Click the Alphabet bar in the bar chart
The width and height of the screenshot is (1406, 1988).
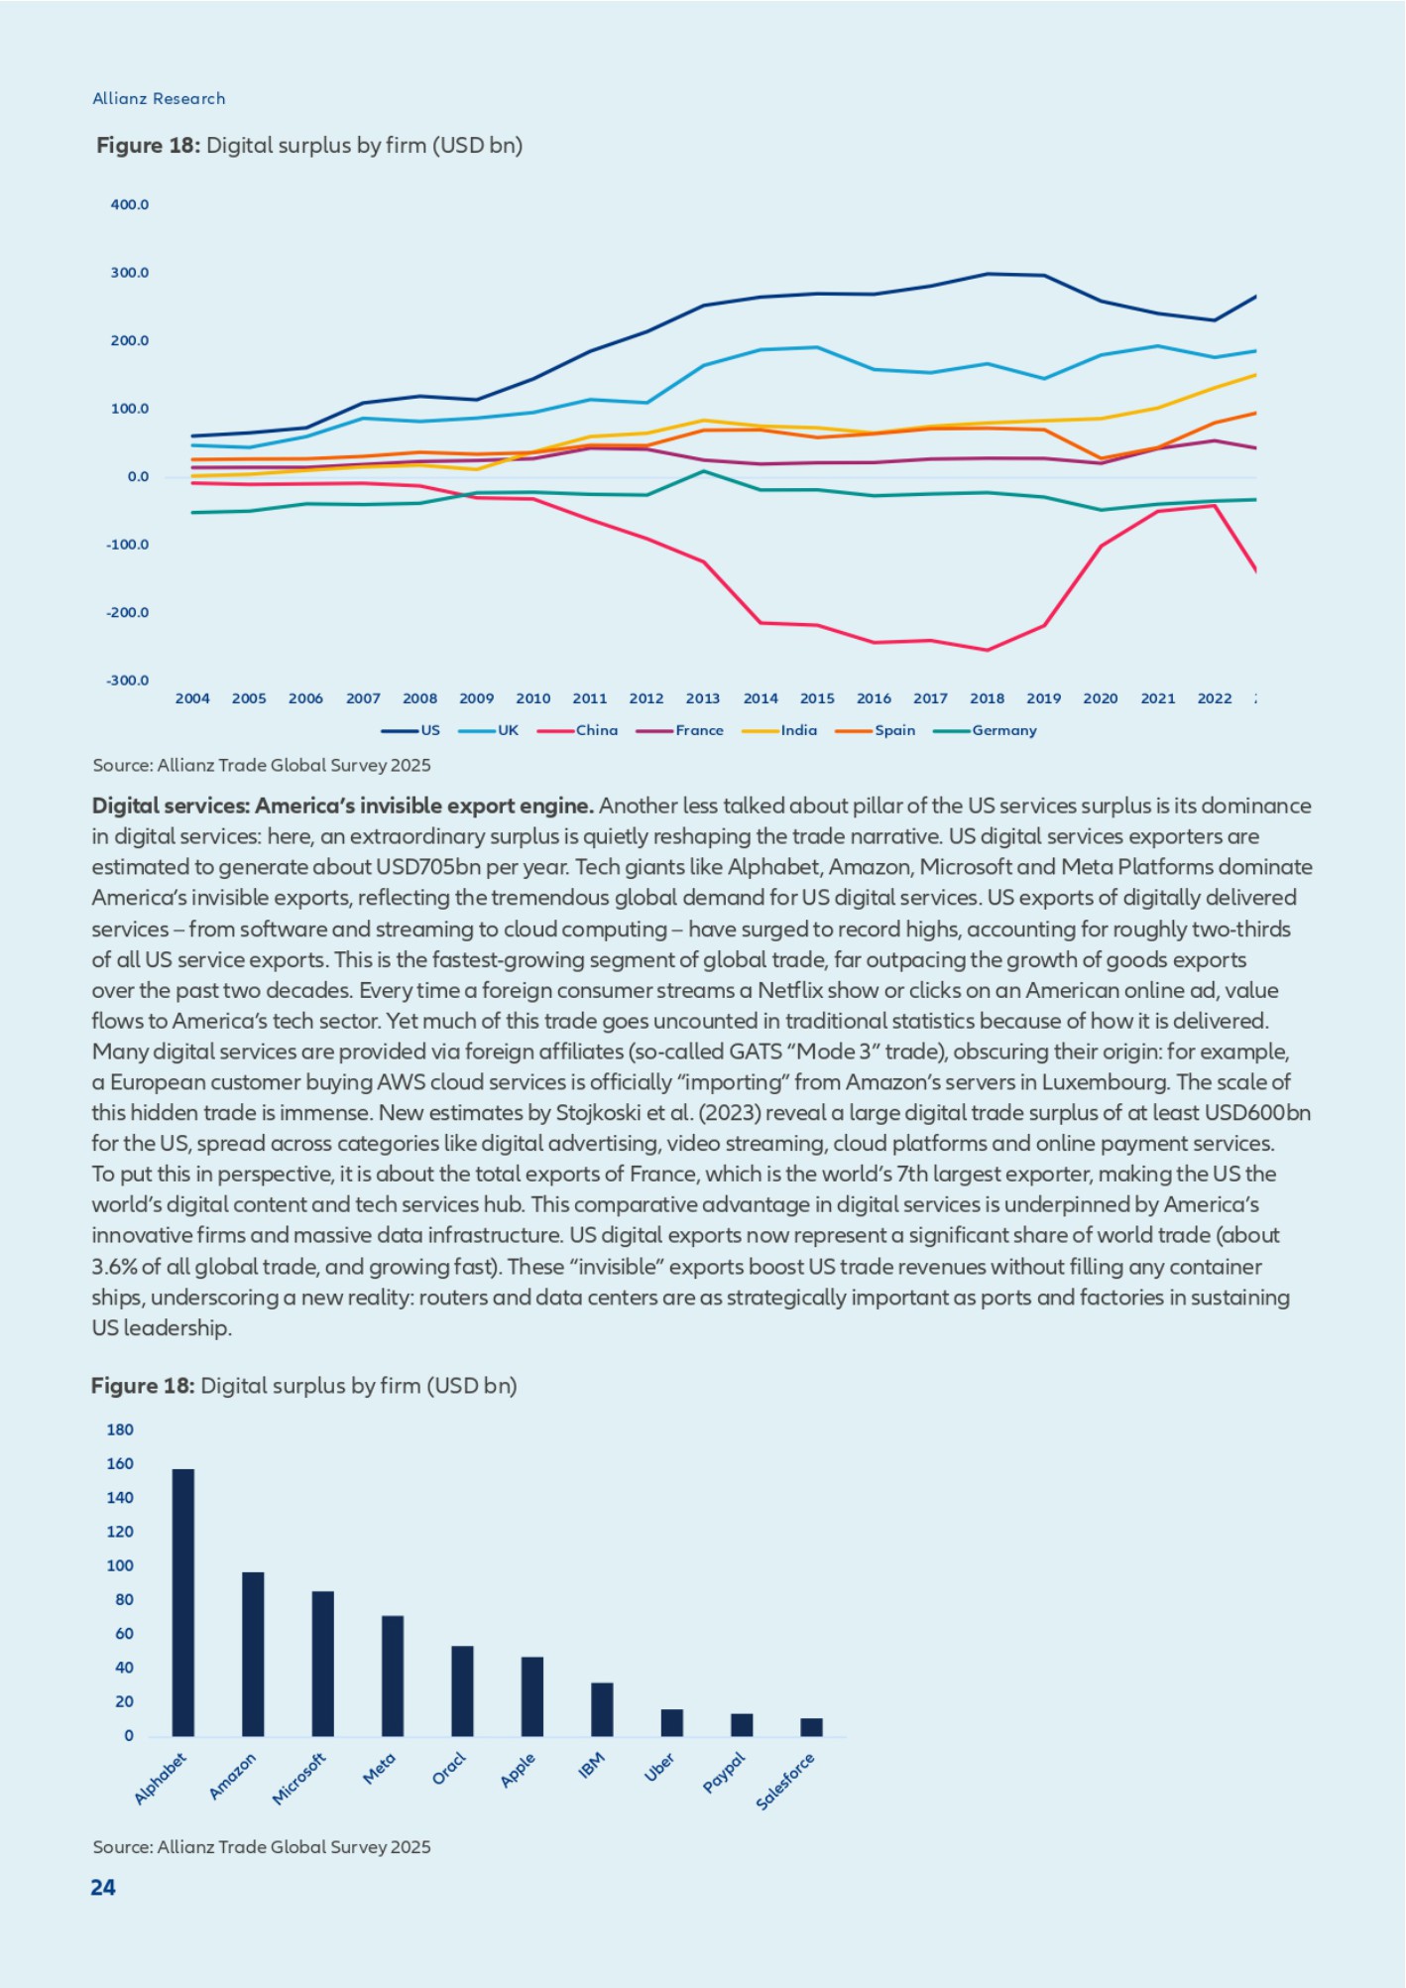[183, 1602]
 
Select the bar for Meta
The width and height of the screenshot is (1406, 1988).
[393, 1676]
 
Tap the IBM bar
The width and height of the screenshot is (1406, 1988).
[602, 1709]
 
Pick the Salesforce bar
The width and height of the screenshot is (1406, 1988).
[811, 1727]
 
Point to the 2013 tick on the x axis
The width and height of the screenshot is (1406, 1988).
[703, 698]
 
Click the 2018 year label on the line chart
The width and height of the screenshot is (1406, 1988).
[987, 698]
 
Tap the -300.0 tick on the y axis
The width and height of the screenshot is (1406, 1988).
[128, 681]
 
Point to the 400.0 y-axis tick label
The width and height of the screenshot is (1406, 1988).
[130, 204]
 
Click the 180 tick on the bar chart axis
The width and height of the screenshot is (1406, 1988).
[120, 1429]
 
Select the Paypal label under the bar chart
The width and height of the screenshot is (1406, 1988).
[724, 1773]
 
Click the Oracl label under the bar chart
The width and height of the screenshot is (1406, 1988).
[448, 1769]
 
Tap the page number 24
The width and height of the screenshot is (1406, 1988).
[103, 1888]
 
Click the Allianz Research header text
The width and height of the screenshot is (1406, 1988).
[159, 98]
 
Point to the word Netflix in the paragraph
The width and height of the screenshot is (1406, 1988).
[792, 990]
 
